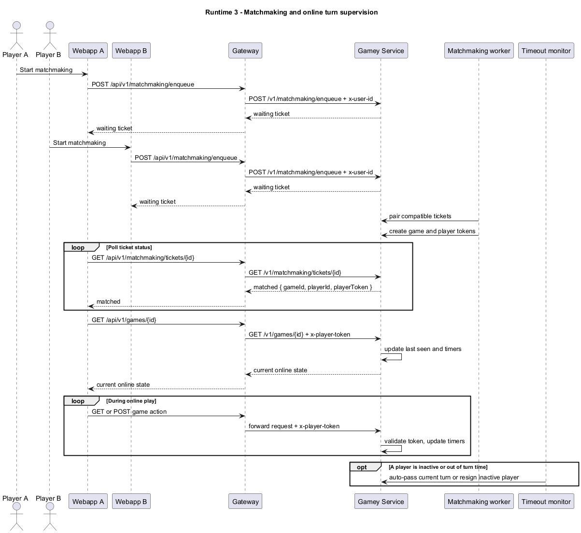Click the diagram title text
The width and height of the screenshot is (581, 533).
tap(291, 12)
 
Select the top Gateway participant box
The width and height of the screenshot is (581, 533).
tap(245, 51)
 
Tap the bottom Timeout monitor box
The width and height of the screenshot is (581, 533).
tap(546, 502)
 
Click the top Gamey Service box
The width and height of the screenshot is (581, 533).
tap(381, 51)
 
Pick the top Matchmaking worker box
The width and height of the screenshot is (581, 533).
tap(479, 51)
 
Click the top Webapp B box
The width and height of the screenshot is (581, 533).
tap(131, 51)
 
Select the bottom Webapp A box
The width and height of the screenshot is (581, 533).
tap(88, 502)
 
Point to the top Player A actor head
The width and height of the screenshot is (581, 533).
tap(17, 25)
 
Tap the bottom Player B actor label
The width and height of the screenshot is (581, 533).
tap(48, 498)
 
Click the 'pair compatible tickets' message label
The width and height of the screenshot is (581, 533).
tap(420, 216)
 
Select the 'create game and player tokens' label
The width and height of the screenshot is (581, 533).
tap(432, 231)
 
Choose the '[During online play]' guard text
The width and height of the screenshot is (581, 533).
tap(131, 401)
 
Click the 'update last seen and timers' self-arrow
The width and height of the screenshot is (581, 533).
tap(401, 357)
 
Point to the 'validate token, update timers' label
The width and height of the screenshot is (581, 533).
tap(425, 441)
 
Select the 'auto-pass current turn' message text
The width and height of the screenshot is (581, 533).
tap(454, 477)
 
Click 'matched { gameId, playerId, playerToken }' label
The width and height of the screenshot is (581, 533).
tap(312, 287)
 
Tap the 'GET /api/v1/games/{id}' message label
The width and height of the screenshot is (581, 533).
tap(124, 320)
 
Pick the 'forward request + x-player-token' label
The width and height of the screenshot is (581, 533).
tap(294, 426)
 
